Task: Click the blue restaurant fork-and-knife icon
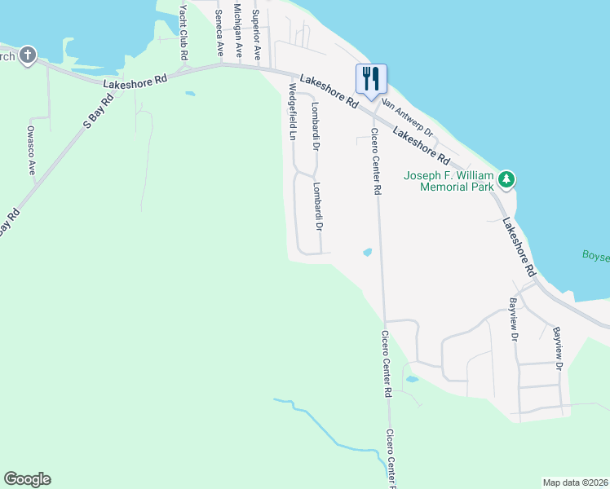coord(370,78)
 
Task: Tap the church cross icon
coord(29,55)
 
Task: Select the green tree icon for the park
coord(506,179)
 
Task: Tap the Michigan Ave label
coord(238,30)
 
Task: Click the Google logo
coord(27,479)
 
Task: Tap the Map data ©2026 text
coord(575,482)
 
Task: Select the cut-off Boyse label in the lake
coord(595,255)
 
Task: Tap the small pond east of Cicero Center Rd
coord(368,253)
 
